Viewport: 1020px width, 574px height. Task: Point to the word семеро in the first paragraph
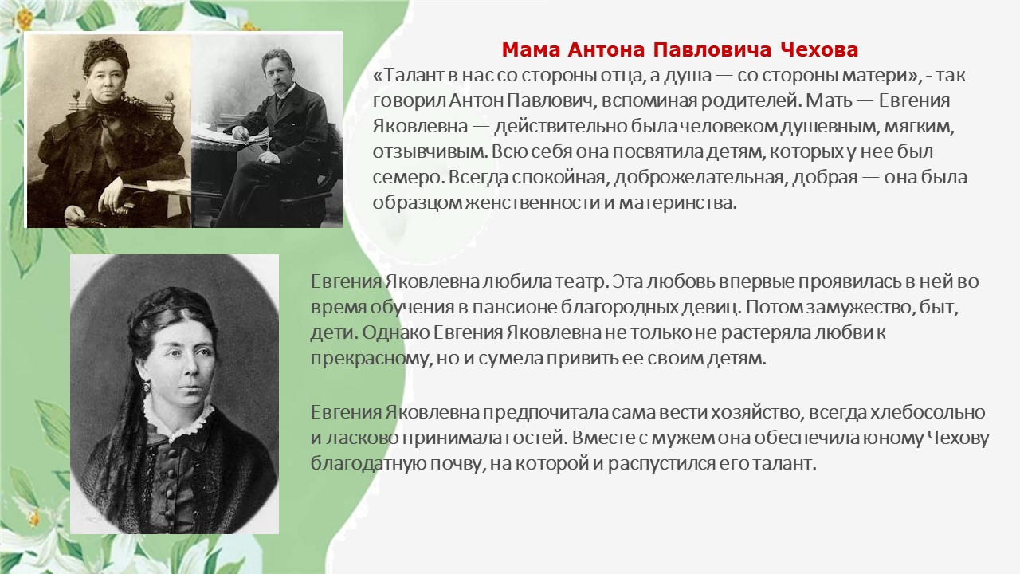pos(406,178)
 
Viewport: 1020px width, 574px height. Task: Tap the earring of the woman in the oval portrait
pos(147,387)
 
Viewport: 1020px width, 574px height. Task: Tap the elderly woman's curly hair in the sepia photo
pos(106,56)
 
